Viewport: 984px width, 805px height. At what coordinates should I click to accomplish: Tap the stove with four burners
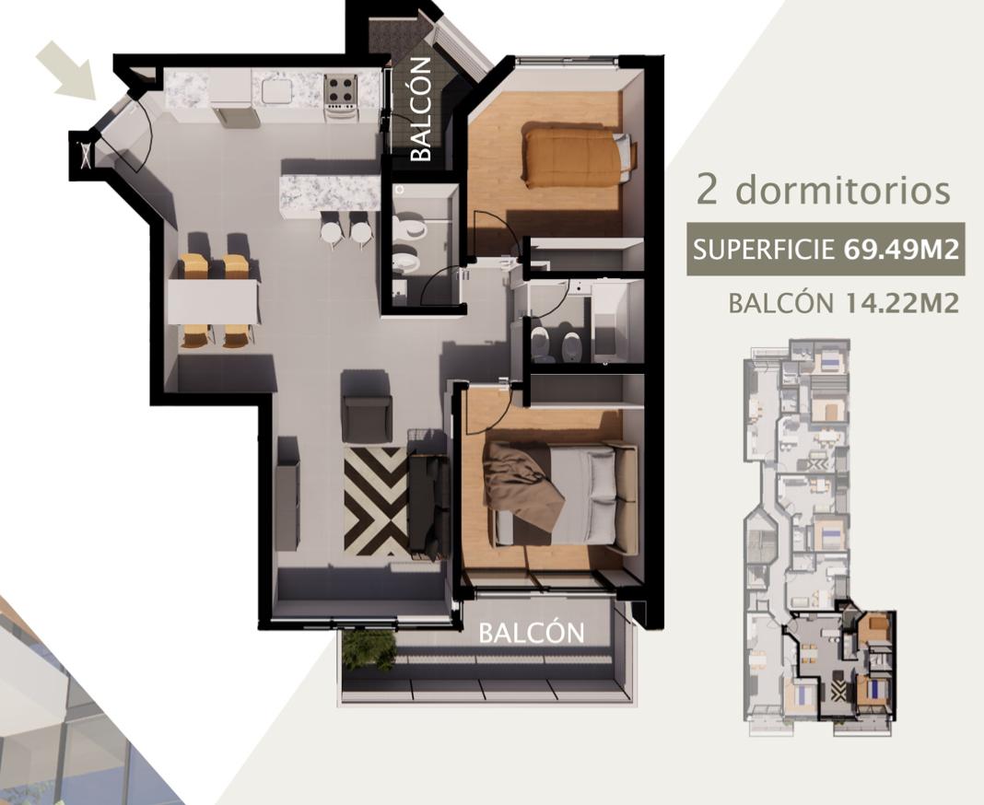pyautogui.click(x=341, y=96)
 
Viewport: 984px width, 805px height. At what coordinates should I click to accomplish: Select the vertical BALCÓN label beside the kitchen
pyautogui.click(x=421, y=110)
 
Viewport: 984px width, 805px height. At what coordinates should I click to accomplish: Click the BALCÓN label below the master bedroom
pyautogui.click(x=532, y=633)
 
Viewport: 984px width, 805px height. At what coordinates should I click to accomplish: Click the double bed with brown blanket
pyautogui.click(x=560, y=496)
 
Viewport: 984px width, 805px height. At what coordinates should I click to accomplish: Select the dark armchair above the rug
pyautogui.click(x=367, y=407)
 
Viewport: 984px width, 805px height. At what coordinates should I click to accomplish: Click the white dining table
pyautogui.click(x=214, y=301)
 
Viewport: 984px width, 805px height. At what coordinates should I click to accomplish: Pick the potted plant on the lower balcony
pyautogui.click(x=369, y=651)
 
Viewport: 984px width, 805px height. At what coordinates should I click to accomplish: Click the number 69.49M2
pyautogui.click(x=901, y=250)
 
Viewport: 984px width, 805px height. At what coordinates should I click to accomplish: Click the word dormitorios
pyautogui.click(x=843, y=189)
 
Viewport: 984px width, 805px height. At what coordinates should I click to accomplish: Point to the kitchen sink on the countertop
pyautogui.click(x=277, y=91)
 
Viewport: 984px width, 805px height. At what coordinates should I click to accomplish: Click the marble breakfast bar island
pyautogui.click(x=330, y=193)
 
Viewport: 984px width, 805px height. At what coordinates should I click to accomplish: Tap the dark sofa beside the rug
pyautogui.click(x=428, y=496)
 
